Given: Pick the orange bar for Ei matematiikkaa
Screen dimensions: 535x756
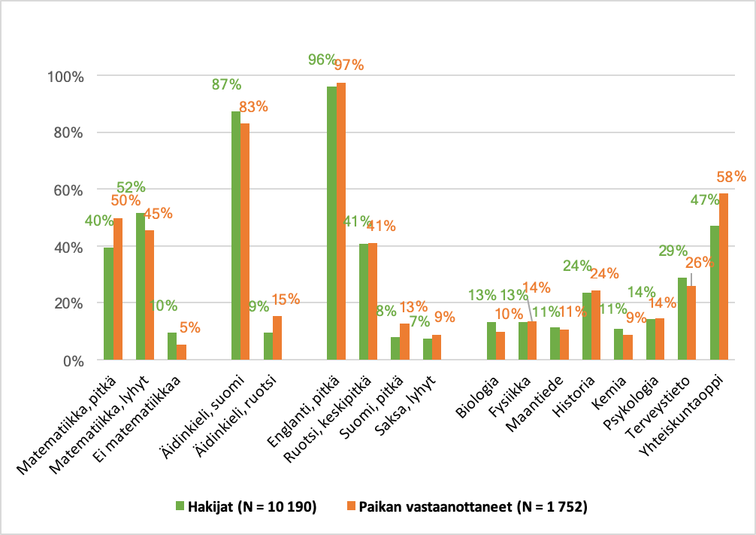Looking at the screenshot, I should pos(181,352).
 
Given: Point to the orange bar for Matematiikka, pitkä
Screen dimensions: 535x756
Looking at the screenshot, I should pos(118,289).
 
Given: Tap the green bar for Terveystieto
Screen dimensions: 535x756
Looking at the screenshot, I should pos(682,319).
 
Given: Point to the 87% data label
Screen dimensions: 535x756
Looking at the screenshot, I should pos(225,84).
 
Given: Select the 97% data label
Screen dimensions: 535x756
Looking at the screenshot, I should pos(349,65).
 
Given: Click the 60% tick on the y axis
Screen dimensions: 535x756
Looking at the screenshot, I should pos(68,190).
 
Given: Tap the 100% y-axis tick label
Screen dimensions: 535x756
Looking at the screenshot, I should pos(65,76).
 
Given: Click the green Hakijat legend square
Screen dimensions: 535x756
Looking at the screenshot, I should pos(180,506).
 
